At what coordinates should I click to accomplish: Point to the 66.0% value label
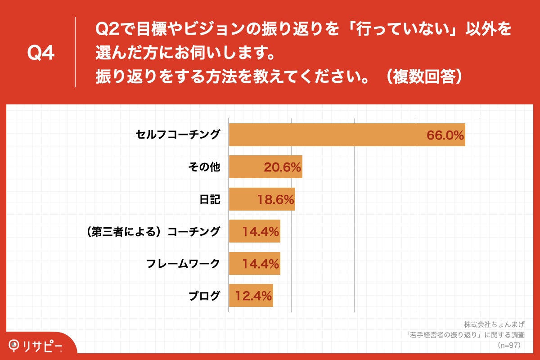point(445,135)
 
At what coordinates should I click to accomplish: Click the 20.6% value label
point(282,167)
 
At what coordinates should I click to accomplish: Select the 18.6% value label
point(275,200)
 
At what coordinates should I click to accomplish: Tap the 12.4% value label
point(253,296)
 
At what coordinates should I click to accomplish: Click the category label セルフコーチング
point(178,135)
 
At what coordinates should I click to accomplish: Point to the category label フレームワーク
point(183,264)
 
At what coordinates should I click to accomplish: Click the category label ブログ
point(204,296)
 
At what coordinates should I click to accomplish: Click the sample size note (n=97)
point(508,346)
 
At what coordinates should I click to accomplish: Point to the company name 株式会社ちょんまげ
point(494,324)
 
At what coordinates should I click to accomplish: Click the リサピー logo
point(36,346)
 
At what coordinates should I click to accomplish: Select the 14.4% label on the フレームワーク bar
point(261,264)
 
